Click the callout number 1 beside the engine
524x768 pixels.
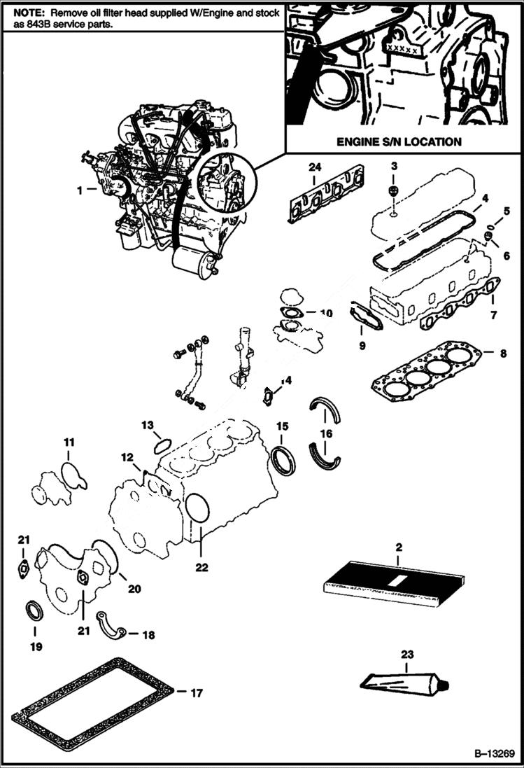click(80, 190)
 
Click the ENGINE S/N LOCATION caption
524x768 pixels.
click(399, 141)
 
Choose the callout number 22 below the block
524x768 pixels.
click(201, 568)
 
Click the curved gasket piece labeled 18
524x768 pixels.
click(113, 626)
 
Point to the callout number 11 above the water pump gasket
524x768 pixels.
click(69, 442)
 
